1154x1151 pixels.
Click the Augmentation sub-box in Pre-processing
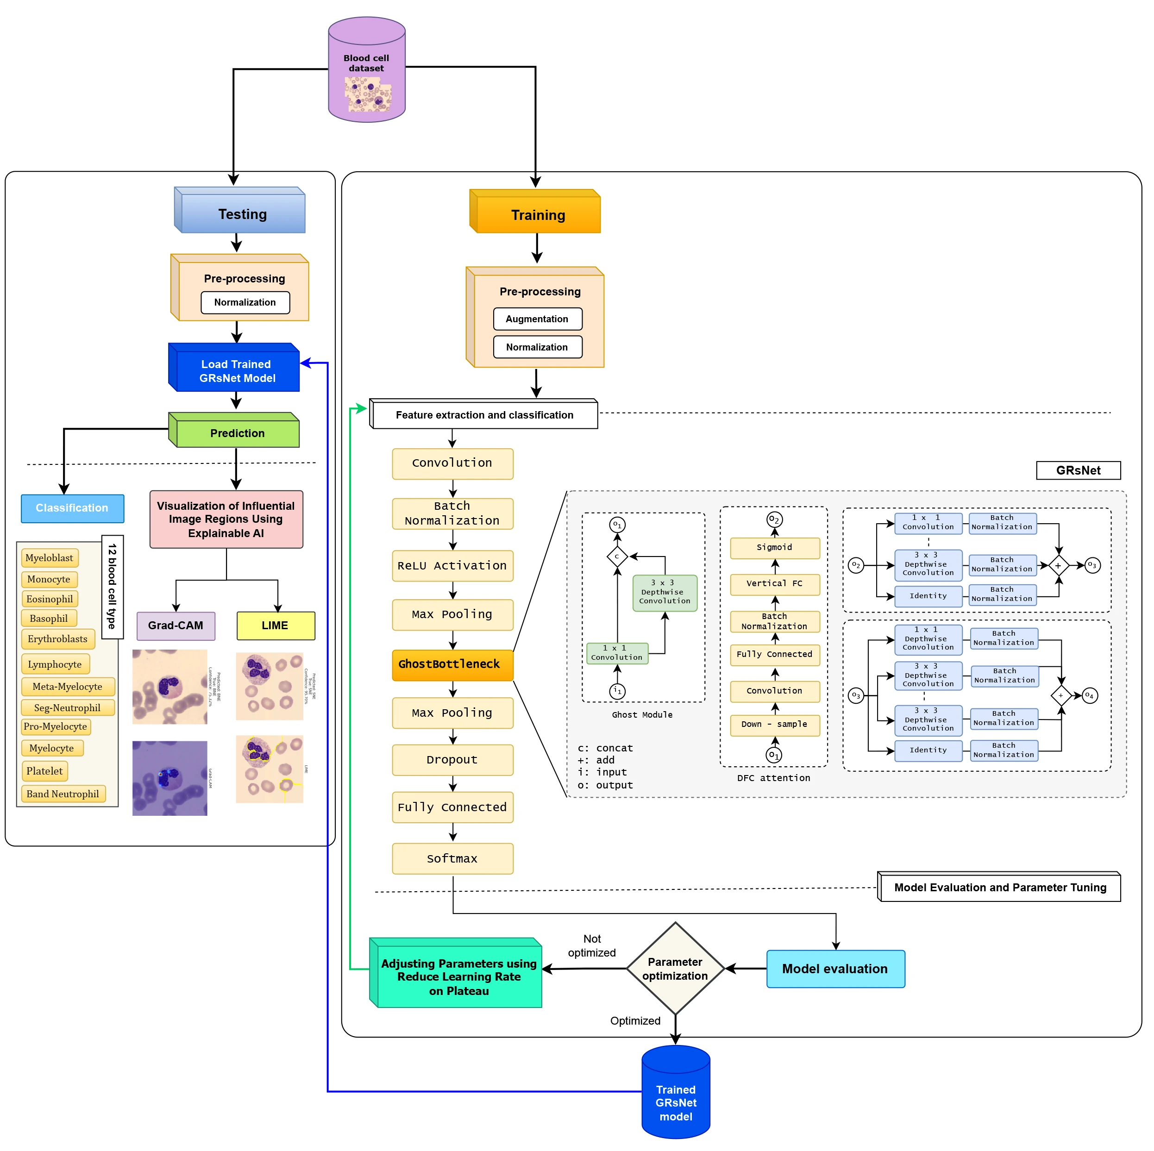(537, 319)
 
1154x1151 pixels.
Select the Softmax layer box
(452, 858)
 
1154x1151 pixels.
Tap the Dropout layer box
(452, 759)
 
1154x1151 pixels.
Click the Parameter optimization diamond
(675, 968)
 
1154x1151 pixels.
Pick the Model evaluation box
(835, 968)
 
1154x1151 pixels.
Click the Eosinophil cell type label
(50, 599)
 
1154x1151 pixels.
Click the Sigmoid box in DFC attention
(775, 547)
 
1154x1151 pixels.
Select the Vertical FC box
(775, 583)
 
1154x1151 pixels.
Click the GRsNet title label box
(1078, 470)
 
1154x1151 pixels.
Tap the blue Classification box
(72, 508)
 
